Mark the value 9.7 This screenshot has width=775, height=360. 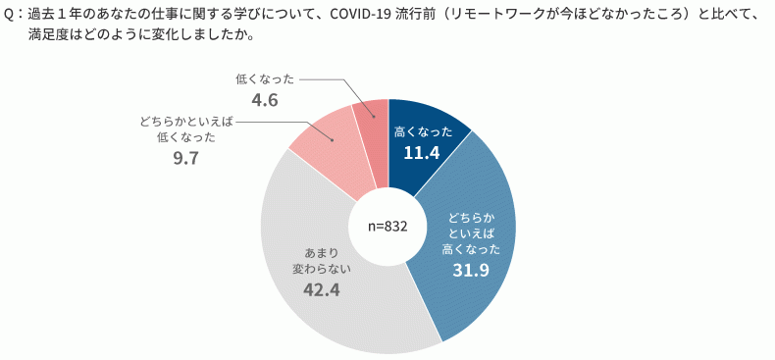pyautogui.click(x=184, y=158)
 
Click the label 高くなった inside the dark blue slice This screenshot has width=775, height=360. pyautogui.click(x=423, y=130)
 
